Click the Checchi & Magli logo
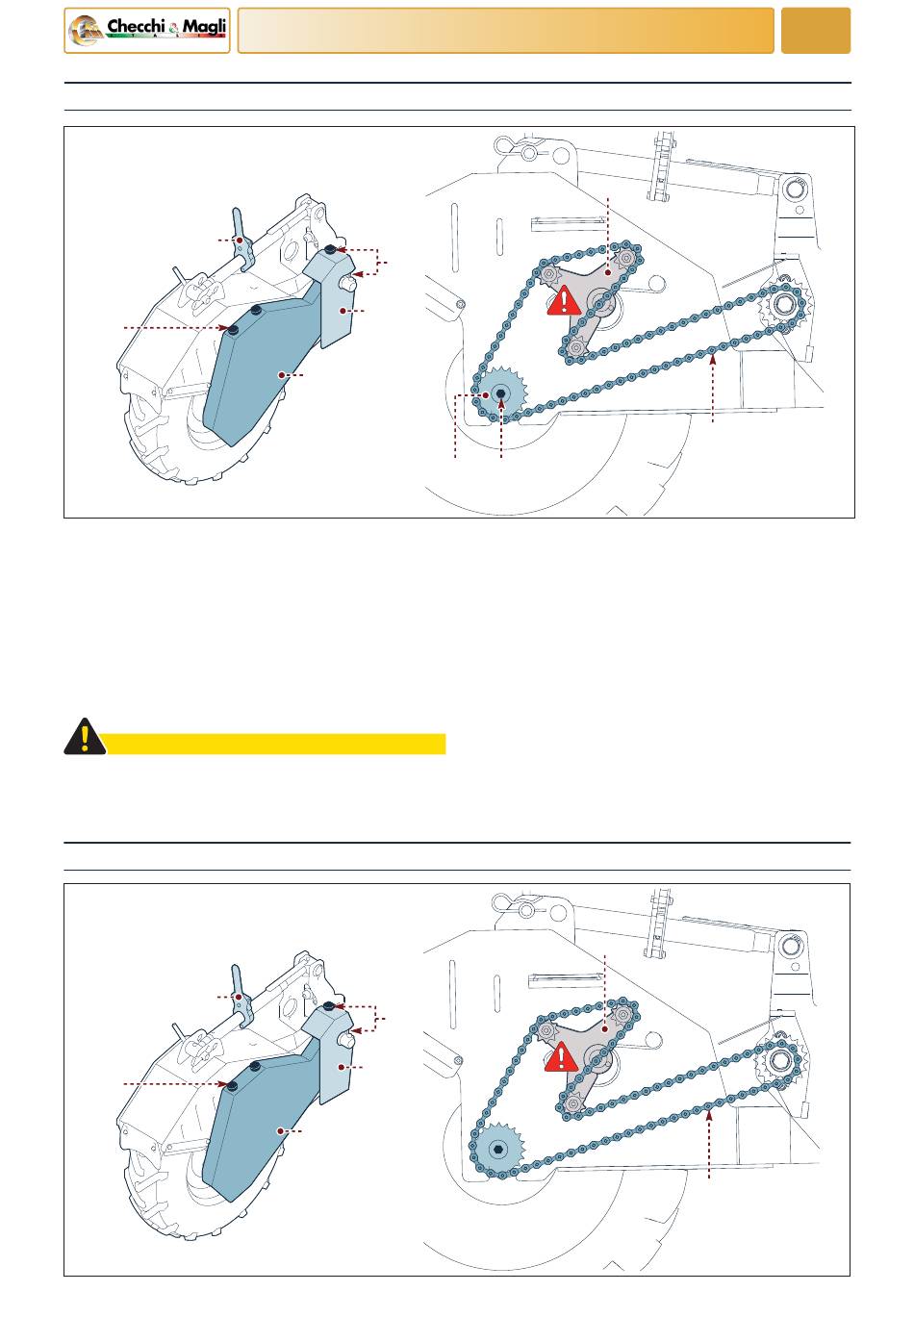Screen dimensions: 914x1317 (146, 31)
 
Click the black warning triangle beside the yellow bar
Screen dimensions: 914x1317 (85, 736)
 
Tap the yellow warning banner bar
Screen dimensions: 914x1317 (274, 744)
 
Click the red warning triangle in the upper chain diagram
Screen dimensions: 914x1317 (564, 300)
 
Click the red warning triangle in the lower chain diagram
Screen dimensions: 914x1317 (561, 1056)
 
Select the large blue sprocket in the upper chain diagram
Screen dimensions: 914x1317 (501, 393)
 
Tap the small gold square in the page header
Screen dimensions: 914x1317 (815, 31)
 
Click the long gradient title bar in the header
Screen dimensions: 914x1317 (505, 31)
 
